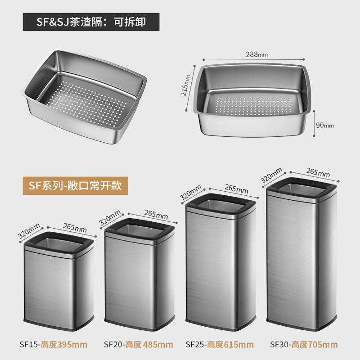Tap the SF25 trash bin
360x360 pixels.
(x=220, y=261)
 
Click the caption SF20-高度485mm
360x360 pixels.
(x=138, y=345)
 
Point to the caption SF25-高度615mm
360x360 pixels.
(x=220, y=345)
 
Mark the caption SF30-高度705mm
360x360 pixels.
(x=304, y=345)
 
